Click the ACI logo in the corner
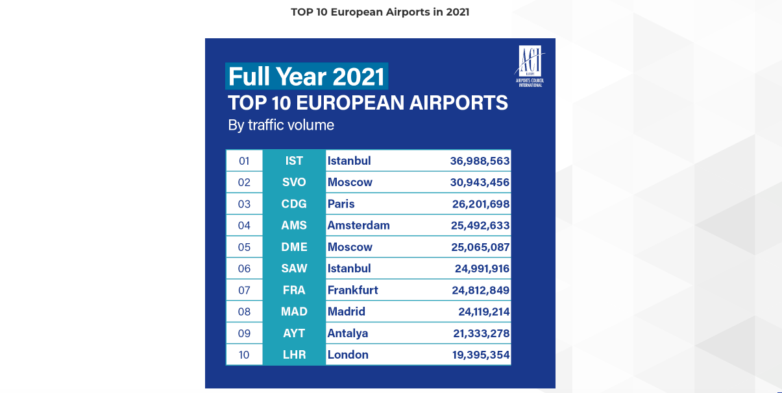[529, 65]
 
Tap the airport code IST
[294, 161]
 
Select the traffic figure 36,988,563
[480, 161]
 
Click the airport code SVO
[294, 182]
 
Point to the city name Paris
[341, 204]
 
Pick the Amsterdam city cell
[358, 226]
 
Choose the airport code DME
[294, 247]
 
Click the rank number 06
[244, 268]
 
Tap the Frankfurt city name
[352, 290]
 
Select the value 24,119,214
[483, 311]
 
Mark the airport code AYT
[294, 333]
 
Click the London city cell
[348, 355]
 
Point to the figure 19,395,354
[481, 355]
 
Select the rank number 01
[244, 161]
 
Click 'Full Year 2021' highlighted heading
[306, 77]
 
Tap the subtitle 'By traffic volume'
[281, 125]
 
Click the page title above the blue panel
[380, 12]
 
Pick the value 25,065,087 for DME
[481, 247]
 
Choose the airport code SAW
[294, 268]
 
